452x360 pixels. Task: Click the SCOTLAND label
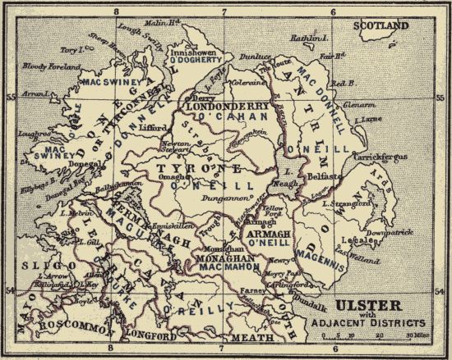tap(381, 26)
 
